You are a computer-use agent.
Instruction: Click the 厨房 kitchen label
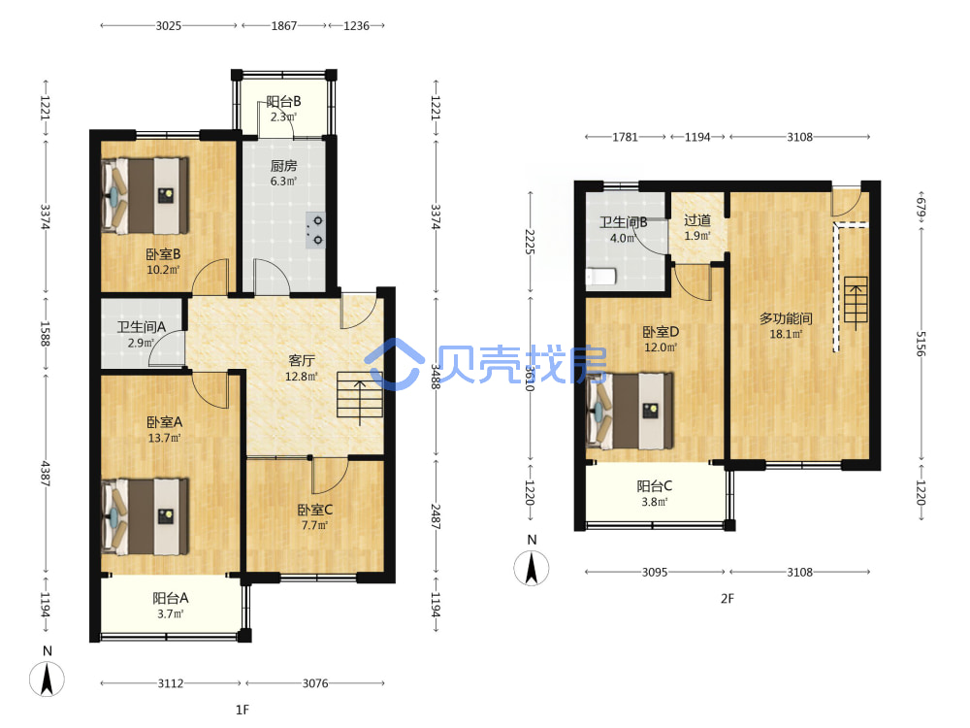(283, 166)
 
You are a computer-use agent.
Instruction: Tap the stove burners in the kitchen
(315, 230)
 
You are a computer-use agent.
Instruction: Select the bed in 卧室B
(145, 196)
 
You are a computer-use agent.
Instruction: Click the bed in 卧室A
(145, 516)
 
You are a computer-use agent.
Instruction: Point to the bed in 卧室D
(630, 411)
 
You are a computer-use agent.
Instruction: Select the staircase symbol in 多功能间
(857, 303)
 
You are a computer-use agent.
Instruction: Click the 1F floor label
(242, 710)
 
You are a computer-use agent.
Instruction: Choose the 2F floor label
(727, 599)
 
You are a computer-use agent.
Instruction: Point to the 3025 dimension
(168, 26)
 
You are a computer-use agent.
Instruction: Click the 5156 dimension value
(921, 344)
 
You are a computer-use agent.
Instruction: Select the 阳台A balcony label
(171, 598)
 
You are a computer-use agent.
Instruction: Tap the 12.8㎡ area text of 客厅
(302, 377)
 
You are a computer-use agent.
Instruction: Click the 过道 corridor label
(697, 220)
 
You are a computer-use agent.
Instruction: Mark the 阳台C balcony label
(655, 486)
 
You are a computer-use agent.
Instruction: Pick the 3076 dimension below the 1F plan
(315, 683)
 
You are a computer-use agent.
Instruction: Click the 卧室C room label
(315, 510)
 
